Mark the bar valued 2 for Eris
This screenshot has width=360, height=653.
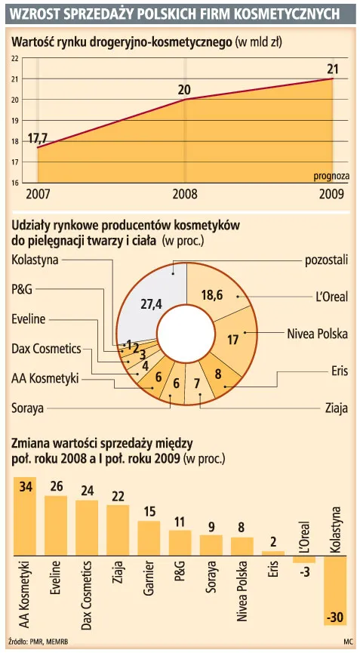click(272, 553)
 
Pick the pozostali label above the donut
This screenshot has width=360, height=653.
click(326, 260)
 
